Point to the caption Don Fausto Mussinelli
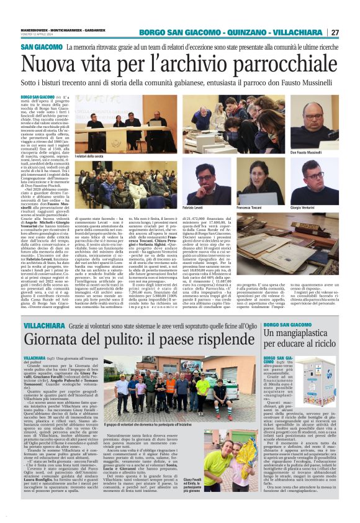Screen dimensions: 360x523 point(323,152)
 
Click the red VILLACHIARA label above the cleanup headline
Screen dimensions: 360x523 point(41,326)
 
